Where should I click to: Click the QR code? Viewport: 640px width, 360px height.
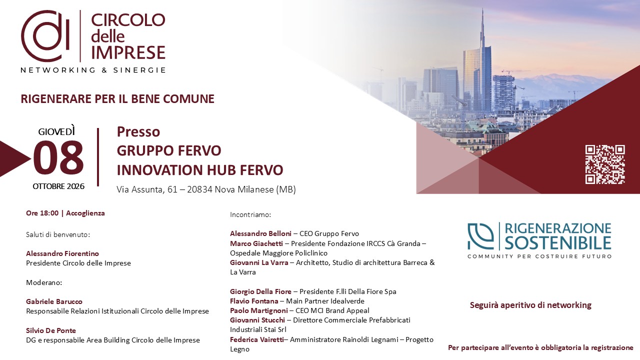605,164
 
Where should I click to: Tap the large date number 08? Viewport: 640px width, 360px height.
58,158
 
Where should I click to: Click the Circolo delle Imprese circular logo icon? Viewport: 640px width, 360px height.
45,36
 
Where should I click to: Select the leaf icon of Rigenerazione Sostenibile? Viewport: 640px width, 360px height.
481,236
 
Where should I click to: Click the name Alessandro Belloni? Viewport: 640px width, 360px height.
260,233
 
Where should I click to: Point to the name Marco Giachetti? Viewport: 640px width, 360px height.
256,243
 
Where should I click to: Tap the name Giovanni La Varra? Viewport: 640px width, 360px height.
259,262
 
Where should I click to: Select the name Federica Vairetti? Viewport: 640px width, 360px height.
257,339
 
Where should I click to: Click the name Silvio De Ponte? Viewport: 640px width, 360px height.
51,330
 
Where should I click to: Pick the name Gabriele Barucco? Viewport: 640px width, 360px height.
54,301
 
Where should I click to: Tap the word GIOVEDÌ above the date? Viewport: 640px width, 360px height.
56,131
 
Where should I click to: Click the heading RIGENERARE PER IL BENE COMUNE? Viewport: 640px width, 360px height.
117,99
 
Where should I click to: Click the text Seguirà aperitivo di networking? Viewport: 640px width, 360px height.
530,305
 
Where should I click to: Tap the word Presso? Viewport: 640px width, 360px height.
138,131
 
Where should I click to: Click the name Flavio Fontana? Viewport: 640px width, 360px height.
254,301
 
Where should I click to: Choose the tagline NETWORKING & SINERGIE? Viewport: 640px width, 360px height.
93,70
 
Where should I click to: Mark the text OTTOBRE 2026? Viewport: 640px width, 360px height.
58,186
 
